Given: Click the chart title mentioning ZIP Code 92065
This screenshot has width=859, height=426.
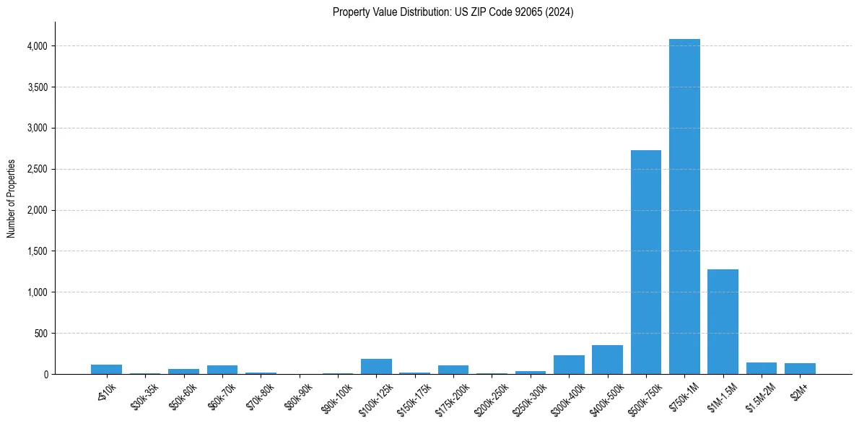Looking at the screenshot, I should click(x=453, y=12).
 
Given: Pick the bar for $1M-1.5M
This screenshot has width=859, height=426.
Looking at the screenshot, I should click(x=723, y=321).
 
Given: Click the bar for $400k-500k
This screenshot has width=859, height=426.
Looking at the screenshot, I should click(x=607, y=360).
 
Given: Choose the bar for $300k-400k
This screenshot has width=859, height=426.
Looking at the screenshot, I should click(x=569, y=365).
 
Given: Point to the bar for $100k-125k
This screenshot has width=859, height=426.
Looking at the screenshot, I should click(x=376, y=366).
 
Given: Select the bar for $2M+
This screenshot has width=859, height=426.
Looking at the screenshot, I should click(x=800, y=368).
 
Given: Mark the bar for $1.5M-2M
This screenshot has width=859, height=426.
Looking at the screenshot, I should click(x=762, y=368).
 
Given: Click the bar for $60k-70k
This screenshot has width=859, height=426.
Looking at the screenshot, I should click(x=222, y=370).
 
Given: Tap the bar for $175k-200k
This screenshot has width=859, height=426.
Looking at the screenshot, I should click(x=453, y=370).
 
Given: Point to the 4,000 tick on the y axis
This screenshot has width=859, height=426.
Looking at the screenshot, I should click(x=37, y=46).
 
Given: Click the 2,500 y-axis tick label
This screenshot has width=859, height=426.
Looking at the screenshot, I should click(x=37, y=170).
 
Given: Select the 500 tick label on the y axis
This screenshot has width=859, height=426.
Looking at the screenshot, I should click(x=41, y=334).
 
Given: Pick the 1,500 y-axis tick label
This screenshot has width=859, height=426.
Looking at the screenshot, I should click(x=37, y=251).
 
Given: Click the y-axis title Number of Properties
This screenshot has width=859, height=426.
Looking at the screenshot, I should click(x=12, y=199).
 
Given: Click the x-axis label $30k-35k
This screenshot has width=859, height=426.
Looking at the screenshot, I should click(x=145, y=395).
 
